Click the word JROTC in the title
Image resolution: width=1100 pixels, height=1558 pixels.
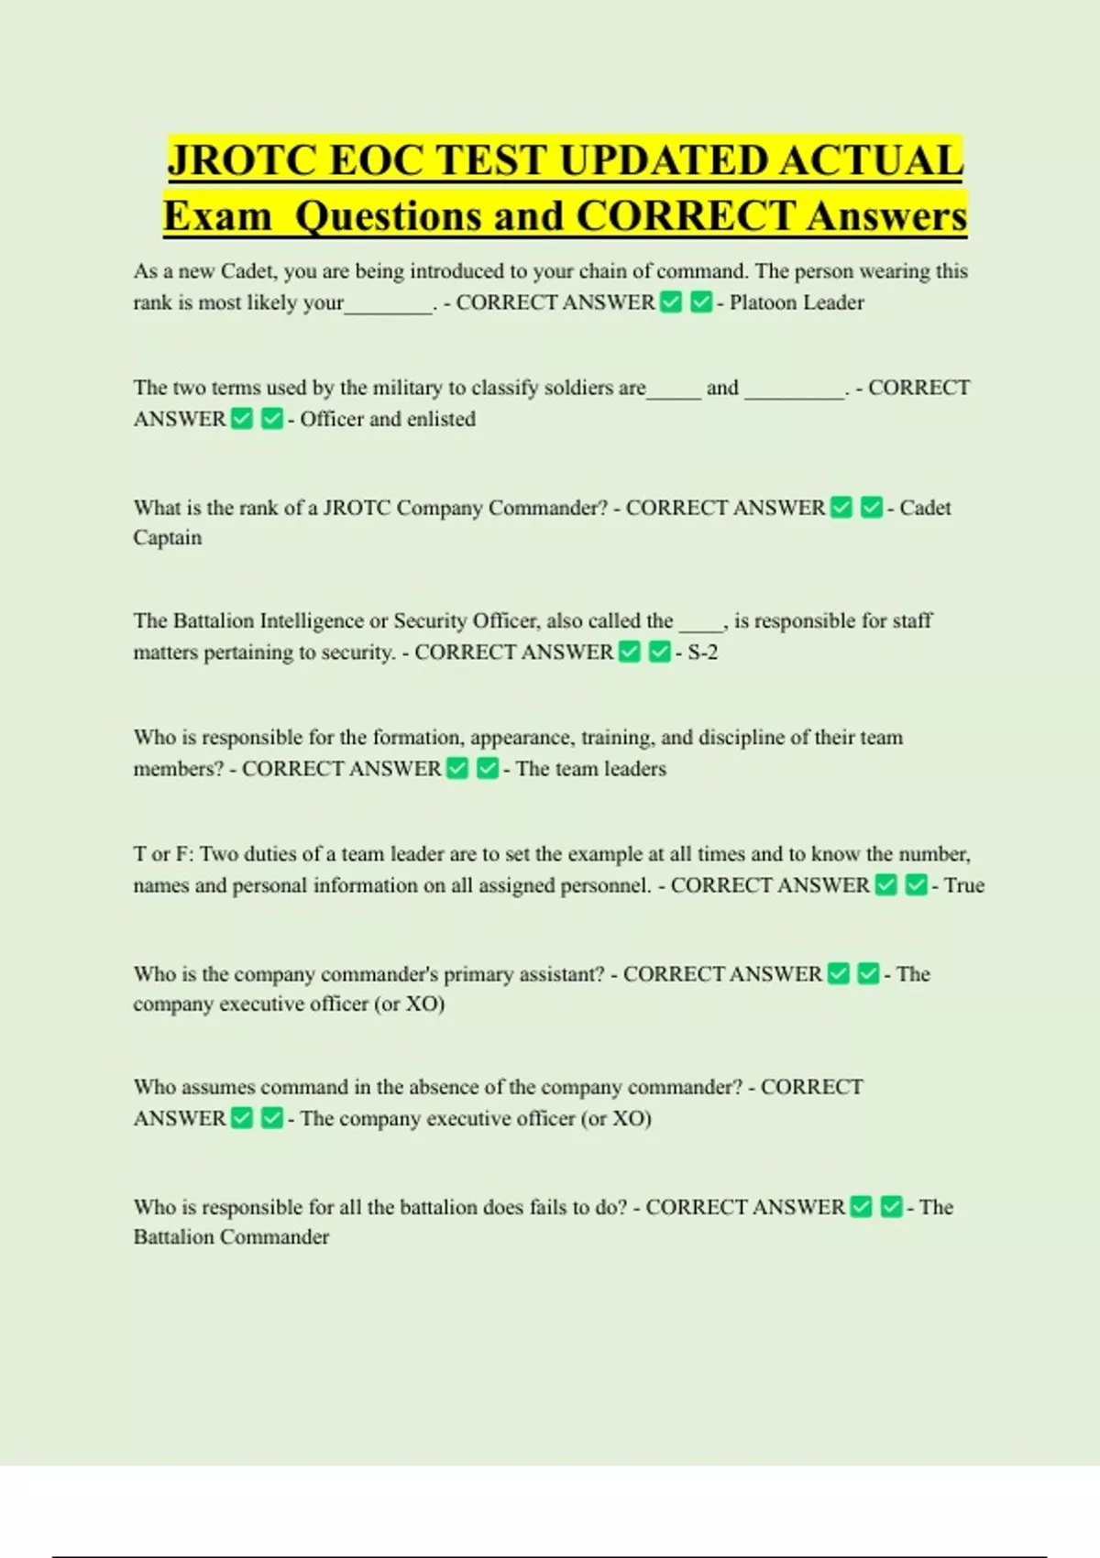[241, 160]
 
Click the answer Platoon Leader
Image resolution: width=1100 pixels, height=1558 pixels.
[797, 302]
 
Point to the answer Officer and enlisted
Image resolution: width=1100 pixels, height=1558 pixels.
[387, 419]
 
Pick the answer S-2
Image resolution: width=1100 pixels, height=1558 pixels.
[702, 652]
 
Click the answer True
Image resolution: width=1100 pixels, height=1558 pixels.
[964, 885]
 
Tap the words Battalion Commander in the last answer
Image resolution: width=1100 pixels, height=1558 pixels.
[231, 1236]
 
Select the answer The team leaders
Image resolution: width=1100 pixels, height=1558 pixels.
[590, 768]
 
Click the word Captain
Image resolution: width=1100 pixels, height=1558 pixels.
[167, 537]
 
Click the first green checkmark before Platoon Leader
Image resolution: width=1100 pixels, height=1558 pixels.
[671, 302]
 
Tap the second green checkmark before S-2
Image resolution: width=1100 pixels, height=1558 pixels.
[660, 652]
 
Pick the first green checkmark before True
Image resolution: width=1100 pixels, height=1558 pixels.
[885, 885]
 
